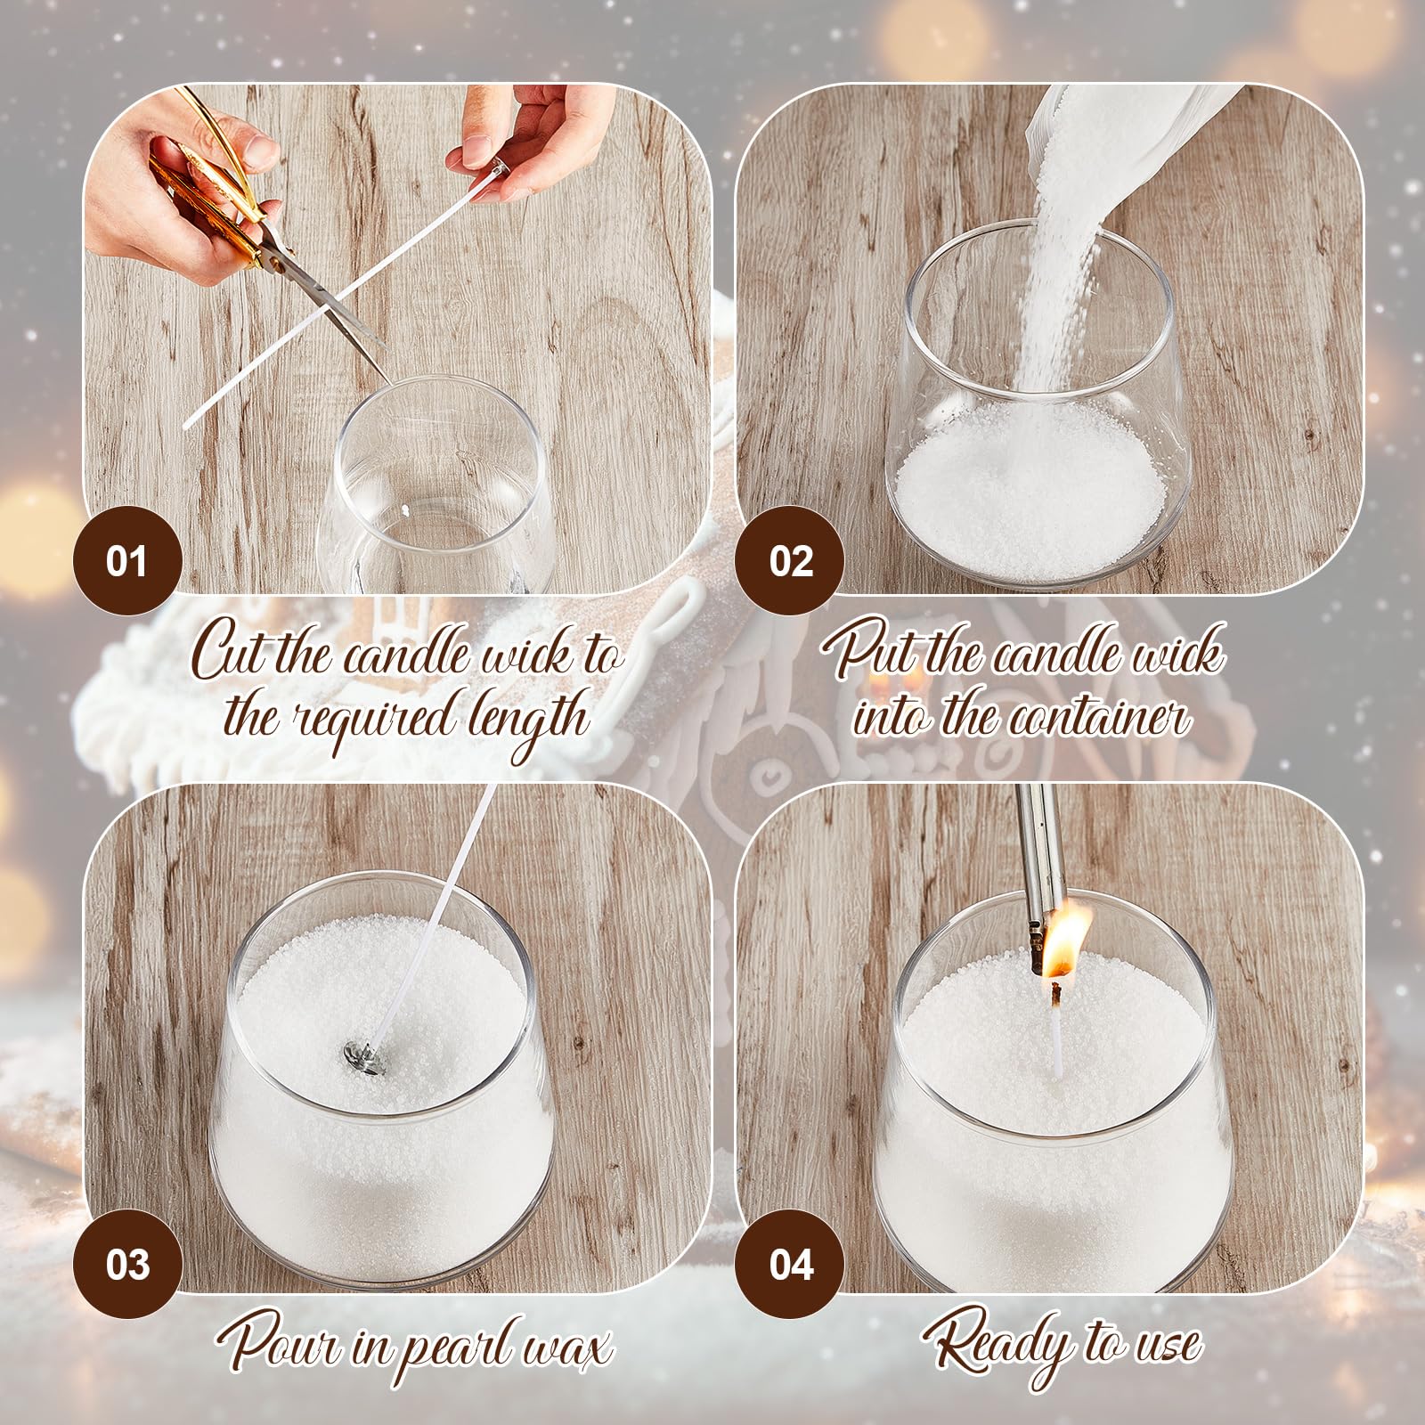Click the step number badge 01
126,560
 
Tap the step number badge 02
790,560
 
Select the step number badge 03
126,1264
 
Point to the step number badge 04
790,1264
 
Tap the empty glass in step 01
436,485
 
